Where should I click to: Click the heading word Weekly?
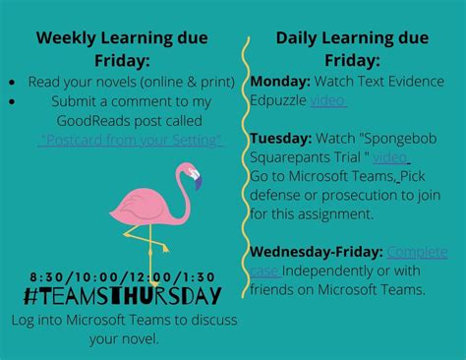69,38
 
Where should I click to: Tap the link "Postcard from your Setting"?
131,140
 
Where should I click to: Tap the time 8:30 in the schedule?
46,274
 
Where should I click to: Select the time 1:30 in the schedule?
198,274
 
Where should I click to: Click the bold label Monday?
279,81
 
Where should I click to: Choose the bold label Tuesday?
281,138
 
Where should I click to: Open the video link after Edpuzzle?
327,99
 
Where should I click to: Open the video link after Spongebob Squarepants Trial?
390,156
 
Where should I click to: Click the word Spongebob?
409,138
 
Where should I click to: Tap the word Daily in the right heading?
297,38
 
